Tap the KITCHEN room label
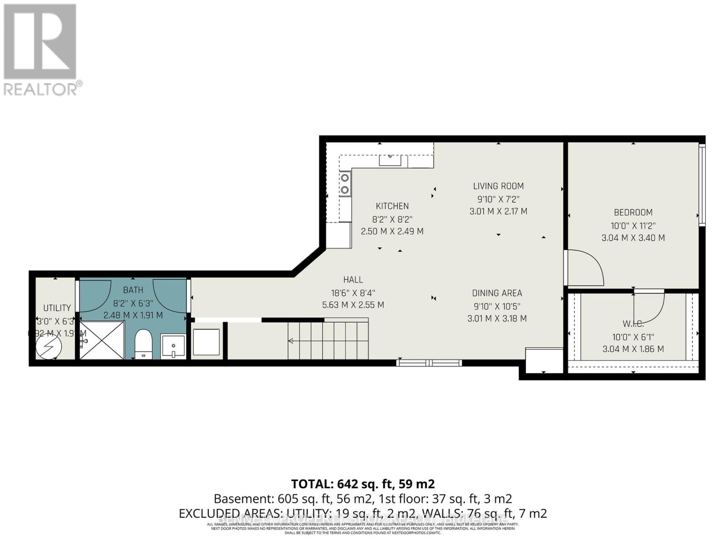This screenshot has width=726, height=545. pyautogui.click(x=392, y=206)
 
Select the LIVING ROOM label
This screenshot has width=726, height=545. pyautogui.click(x=498, y=186)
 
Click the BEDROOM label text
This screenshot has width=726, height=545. pyautogui.click(x=633, y=212)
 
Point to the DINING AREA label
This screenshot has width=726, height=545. pyautogui.click(x=497, y=293)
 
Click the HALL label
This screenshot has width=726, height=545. pyautogui.click(x=353, y=280)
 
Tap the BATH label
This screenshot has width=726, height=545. pyautogui.click(x=133, y=290)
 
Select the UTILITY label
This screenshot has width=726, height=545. pyautogui.click(x=57, y=308)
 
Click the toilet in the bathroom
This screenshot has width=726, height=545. pyautogui.click(x=144, y=344)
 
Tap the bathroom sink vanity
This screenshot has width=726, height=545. pyautogui.click(x=173, y=347)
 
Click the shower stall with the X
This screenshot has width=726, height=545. pyautogui.click(x=102, y=340)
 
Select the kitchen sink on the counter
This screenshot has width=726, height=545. pyautogui.click(x=390, y=160)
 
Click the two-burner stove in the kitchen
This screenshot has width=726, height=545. pyautogui.click(x=345, y=183)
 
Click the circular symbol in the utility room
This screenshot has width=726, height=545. pyautogui.click(x=49, y=347)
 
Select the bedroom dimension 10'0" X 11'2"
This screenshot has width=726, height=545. pyautogui.click(x=633, y=225)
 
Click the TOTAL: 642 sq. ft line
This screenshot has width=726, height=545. pyautogui.click(x=363, y=484)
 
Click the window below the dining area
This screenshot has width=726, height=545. pyautogui.click(x=429, y=362)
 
